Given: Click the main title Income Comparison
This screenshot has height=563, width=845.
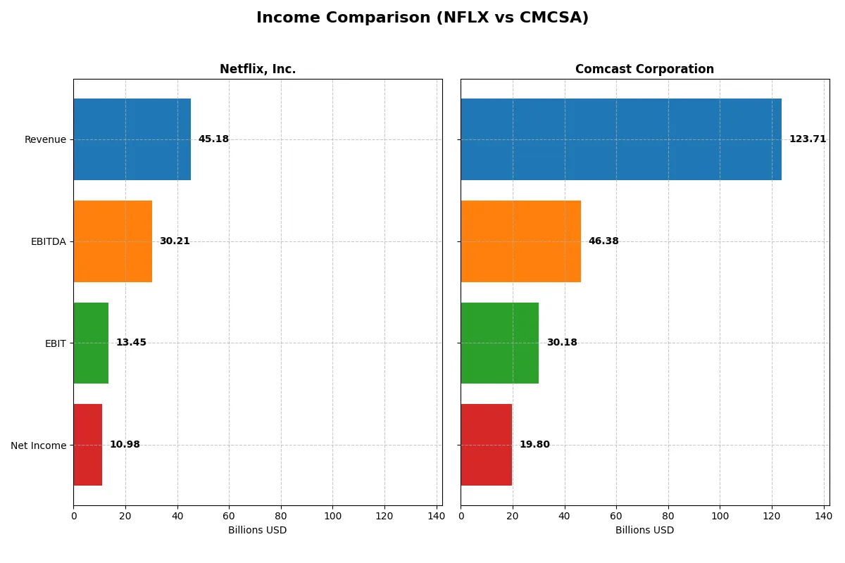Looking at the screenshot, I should coord(422,18).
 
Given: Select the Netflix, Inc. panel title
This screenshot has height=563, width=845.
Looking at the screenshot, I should coord(257,69).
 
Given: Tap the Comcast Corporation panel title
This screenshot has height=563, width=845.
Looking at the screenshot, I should coord(644,69).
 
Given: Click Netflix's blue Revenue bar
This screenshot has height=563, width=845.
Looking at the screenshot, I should coord(132,139).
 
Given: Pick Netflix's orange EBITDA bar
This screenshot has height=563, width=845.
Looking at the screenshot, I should coord(113,241).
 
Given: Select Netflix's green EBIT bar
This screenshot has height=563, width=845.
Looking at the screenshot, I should coord(91,343).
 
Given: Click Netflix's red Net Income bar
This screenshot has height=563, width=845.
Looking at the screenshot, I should coord(87,445).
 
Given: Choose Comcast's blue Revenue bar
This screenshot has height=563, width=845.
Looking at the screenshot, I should coord(621,139).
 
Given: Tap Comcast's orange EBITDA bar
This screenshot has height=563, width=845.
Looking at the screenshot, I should coord(521,241).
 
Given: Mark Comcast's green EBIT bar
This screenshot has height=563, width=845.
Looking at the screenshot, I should coord(500,343).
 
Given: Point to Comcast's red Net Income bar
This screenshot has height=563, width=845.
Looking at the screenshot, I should coord(487,445).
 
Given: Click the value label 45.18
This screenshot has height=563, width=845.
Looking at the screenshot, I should coord(213,139).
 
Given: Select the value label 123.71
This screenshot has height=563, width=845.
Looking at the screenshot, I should coord(807,139).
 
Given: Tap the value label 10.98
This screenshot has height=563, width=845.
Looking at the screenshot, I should coord(125,445).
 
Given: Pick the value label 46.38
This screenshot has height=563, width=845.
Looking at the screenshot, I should coord(603,241).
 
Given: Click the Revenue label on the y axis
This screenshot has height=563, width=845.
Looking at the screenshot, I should coord(45,139).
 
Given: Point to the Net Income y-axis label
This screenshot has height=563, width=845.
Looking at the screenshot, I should coord(38,445).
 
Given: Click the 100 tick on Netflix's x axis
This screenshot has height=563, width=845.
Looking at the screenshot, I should coord(332,516).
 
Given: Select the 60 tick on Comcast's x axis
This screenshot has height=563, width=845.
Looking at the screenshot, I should coord(616,516).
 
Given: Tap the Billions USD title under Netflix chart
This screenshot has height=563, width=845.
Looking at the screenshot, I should coord(257,530).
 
